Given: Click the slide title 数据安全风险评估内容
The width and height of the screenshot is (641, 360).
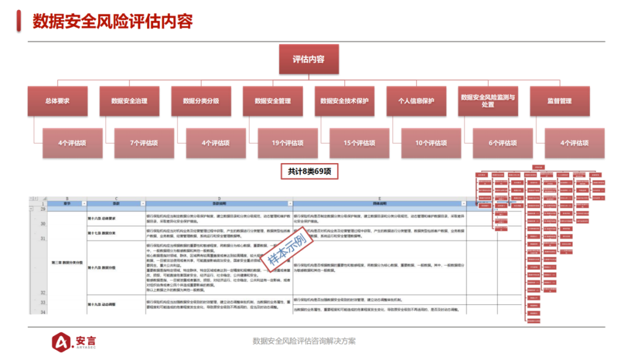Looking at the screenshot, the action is coord(113,22).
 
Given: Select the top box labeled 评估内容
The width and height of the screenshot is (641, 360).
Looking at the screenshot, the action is coord(309,59).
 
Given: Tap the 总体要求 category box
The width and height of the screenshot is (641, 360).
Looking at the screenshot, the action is coord(58,101).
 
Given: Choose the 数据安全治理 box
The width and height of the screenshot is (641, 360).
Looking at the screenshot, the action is coord(129,101).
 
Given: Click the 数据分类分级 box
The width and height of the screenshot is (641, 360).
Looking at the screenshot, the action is coord(201,101).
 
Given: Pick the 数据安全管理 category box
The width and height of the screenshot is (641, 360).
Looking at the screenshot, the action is coord(272,101).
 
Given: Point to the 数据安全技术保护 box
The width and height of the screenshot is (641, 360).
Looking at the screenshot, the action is coord(344,101).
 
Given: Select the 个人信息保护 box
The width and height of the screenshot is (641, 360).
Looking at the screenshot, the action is coord(416,101).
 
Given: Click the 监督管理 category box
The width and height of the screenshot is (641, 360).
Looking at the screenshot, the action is coord(559,101).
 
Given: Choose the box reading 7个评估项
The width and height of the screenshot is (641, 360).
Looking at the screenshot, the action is coord(144,143).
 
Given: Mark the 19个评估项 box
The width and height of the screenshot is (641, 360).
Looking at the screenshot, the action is coord(288,143).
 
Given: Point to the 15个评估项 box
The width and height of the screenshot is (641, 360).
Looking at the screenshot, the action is coord(360,143).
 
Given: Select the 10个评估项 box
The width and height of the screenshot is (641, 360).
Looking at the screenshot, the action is coord(431,143).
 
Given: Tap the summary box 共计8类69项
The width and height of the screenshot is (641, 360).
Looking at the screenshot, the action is coord(309,171).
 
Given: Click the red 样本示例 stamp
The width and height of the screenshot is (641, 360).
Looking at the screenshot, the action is coord(287,248).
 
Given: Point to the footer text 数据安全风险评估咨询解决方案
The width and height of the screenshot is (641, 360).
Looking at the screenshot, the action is coord(304,341).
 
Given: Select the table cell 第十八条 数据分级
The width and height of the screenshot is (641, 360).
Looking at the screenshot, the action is coord(101,267).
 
